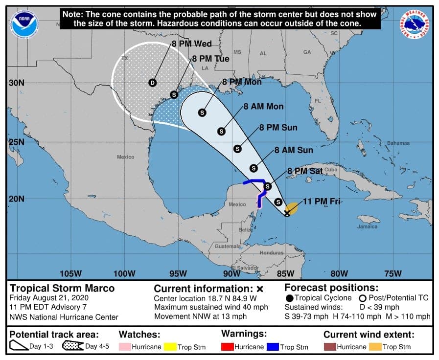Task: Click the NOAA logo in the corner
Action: pos(25,24)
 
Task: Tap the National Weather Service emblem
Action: pos(415,25)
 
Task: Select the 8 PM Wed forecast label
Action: pos(191,44)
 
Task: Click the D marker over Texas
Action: pos(152,83)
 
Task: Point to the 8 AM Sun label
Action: pos(294,150)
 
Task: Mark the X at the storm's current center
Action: pos(287,213)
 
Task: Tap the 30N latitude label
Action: pos(16,83)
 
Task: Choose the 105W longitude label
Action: pos(70,273)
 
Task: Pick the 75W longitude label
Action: pos(393,273)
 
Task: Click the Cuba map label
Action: pos(331,169)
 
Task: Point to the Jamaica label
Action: pos(367,226)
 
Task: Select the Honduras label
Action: pos(271,253)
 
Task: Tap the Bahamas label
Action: pos(397,143)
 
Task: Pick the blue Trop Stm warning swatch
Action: pos(272,347)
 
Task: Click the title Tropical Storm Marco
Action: pos(62,288)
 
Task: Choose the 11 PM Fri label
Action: pos(321,201)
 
